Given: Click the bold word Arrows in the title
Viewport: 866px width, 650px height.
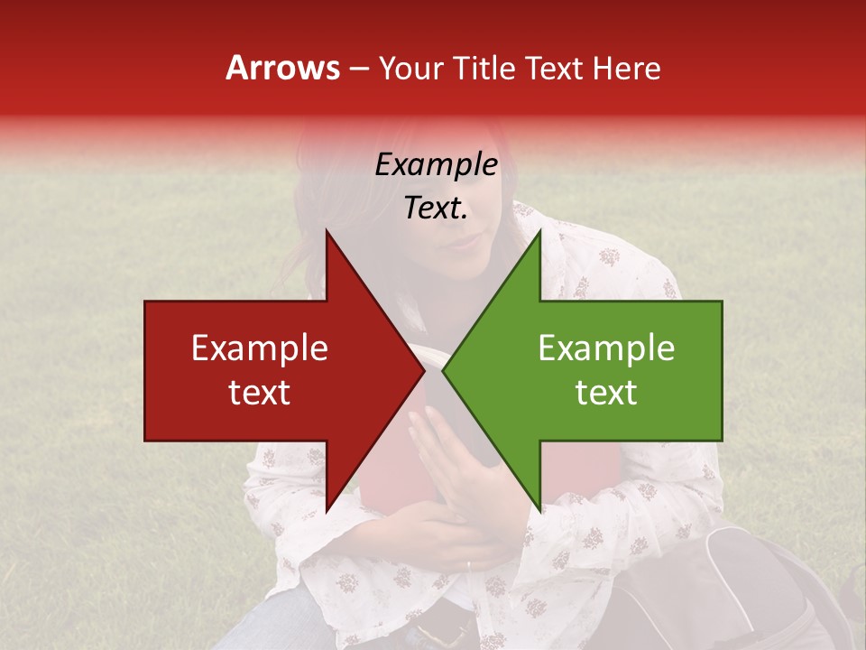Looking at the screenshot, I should [x=283, y=68].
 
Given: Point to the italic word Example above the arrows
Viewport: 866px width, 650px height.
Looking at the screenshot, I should [x=436, y=165].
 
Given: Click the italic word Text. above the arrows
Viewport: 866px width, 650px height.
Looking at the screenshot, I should [x=436, y=208].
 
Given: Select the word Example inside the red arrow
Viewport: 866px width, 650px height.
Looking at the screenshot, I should [x=260, y=348].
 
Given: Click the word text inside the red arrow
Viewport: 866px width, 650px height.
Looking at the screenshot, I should [x=260, y=393].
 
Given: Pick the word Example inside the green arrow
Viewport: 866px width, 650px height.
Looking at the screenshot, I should [x=606, y=348].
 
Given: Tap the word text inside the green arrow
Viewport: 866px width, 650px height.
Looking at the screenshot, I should [x=606, y=393].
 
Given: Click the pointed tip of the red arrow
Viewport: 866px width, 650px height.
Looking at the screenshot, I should [x=423, y=370].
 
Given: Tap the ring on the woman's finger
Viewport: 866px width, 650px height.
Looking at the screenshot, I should [x=467, y=565].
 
